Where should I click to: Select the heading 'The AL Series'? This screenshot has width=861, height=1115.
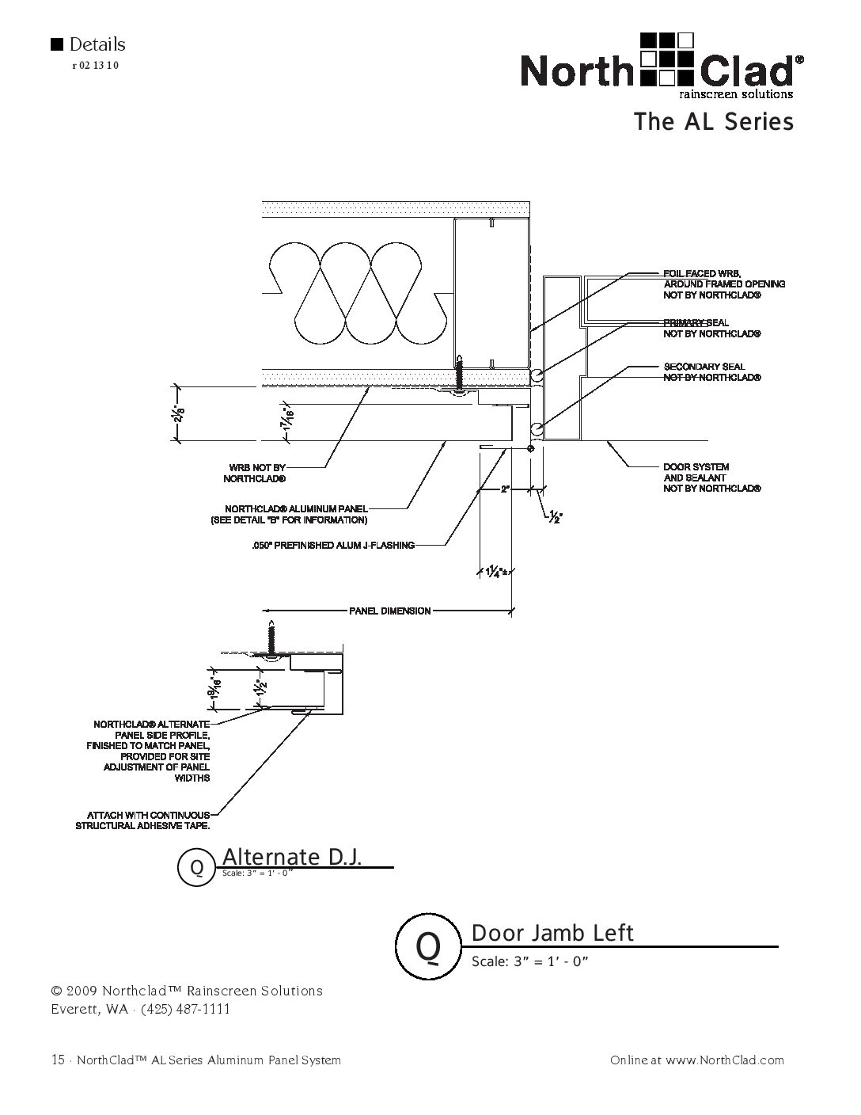(x=713, y=122)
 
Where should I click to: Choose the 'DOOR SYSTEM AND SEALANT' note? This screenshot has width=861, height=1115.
(x=711, y=478)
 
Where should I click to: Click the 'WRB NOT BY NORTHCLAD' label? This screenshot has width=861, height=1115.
(x=254, y=474)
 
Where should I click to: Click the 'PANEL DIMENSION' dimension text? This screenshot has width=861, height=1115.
(x=390, y=611)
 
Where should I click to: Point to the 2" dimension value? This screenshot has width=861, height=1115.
(x=505, y=489)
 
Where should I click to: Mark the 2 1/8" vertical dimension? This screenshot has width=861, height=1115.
(x=181, y=413)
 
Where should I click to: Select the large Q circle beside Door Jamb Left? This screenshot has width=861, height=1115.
(x=428, y=945)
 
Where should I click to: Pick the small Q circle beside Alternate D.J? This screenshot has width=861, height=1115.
(x=198, y=868)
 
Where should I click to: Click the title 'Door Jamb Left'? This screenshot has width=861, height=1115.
(x=552, y=933)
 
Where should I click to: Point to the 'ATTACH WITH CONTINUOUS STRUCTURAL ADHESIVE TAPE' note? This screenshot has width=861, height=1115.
(x=143, y=820)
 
